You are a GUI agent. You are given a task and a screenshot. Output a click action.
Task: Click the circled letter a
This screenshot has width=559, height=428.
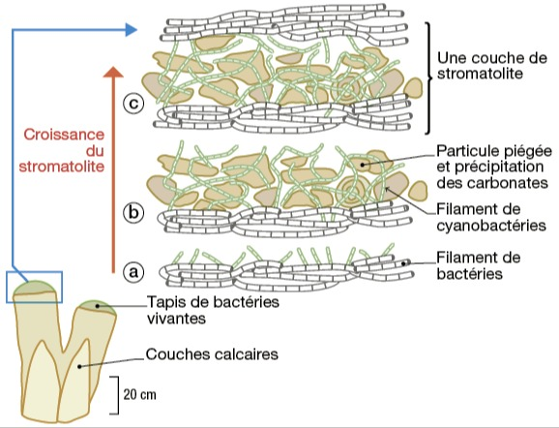click(133, 272)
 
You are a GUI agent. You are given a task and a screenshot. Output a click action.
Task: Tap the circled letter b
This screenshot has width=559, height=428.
click(133, 213)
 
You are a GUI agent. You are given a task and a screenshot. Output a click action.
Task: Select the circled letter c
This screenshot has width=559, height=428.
click(133, 104)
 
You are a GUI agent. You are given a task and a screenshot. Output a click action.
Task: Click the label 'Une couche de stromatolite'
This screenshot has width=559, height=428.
click(492, 66)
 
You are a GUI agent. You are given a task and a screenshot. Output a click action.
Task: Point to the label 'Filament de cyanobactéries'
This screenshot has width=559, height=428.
click(491, 218)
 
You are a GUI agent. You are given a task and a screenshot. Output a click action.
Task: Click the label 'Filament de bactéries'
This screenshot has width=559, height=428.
click(479, 265)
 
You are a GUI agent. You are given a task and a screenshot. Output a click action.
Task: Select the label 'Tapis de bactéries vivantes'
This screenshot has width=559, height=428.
click(213, 310)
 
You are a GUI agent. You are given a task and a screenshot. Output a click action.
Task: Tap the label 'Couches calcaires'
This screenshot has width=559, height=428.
click(212, 354)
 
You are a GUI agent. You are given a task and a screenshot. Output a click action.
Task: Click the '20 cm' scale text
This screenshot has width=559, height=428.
click(139, 395)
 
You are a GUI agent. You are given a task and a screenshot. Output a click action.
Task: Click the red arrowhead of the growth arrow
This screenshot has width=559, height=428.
click(113, 72)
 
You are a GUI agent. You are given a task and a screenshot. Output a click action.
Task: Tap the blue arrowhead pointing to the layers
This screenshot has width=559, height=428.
click(132, 29)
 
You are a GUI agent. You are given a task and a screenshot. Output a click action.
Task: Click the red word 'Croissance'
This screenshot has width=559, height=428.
click(64, 135)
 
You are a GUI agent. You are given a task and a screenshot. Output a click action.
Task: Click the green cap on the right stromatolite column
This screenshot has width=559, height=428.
click(97, 308)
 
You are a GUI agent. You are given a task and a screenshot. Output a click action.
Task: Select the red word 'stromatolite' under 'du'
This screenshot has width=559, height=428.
click(62, 167)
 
